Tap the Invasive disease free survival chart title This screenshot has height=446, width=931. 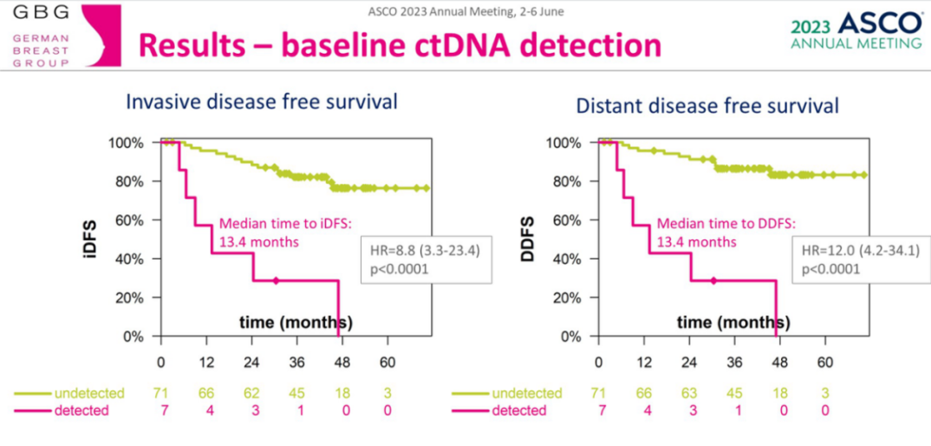pyautogui.click(x=262, y=102)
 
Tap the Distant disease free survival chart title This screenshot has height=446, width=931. pyautogui.click(x=707, y=106)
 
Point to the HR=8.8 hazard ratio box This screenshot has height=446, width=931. pyautogui.click(x=426, y=259)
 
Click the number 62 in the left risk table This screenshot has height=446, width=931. pyautogui.click(x=251, y=394)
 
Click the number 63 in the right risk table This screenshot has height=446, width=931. pyautogui.click(x=688, y=394)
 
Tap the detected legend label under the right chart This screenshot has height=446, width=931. pyautogui.click(x=519, y=410)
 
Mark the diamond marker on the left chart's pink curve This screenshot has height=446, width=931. pyautogui.click(x=276, y=280)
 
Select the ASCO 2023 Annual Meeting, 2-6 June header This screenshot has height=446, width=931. pyautogui.click(x=465, y=12)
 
